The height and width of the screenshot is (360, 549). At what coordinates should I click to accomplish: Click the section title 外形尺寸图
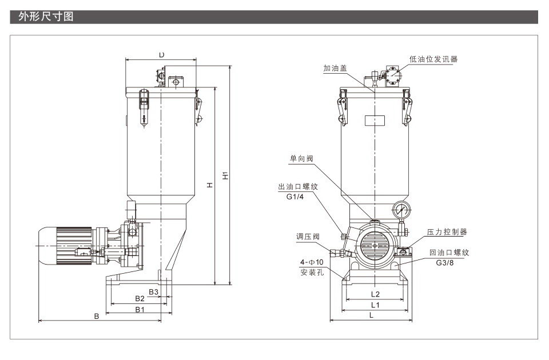coord(46,17)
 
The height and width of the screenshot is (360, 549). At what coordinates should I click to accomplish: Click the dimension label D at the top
coord(162,55)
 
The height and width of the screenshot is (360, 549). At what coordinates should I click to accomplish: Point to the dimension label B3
coord(153,292)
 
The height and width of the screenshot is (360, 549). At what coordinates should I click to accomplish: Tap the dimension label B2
coord(140,298)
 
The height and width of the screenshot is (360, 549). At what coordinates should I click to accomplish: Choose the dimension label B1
coord(139,309)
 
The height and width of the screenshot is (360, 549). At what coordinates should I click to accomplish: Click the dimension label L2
coord(375,294)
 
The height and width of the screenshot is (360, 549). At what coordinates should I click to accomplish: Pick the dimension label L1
coord(375,305)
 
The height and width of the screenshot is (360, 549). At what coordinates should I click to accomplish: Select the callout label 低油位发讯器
coord(433,59)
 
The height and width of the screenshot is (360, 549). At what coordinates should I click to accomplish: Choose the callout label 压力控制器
coord(447,232)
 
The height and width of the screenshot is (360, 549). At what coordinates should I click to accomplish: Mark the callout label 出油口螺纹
coord(297,186)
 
